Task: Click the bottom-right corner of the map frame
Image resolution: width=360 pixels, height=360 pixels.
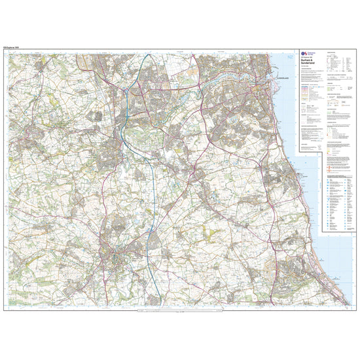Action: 359,311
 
